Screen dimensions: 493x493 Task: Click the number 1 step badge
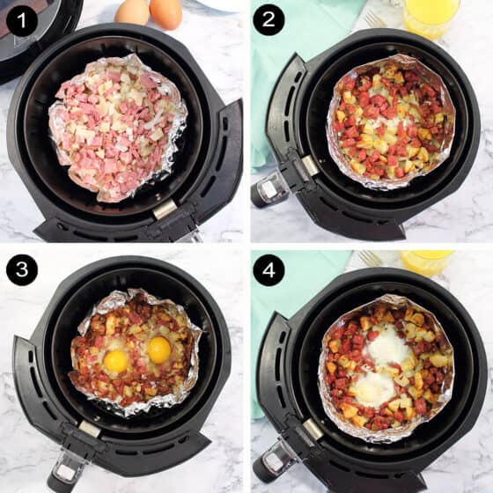pyautogui.click(x=21, y=21)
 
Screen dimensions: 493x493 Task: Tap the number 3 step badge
pyautogui.click(x=21, y=269)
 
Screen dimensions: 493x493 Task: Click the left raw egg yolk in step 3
pyautogui.click(x=116, y=361)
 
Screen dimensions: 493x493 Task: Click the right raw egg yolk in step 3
pyautogui.click(x=159, y=350)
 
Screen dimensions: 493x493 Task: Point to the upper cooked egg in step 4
pyautogui.click(x=387, y=347)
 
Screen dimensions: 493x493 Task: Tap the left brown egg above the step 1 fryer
pyautogui.click(x=132, y=11)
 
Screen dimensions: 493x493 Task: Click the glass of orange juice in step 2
pyautogui.click(x=431, y=17)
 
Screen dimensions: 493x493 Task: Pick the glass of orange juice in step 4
pyautogui.click(x=426, y=261)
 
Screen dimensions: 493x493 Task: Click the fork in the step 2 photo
pyautogui.click(x=374, y=18)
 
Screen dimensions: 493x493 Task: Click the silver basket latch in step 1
pyautogui.click(x=165, y=209)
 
